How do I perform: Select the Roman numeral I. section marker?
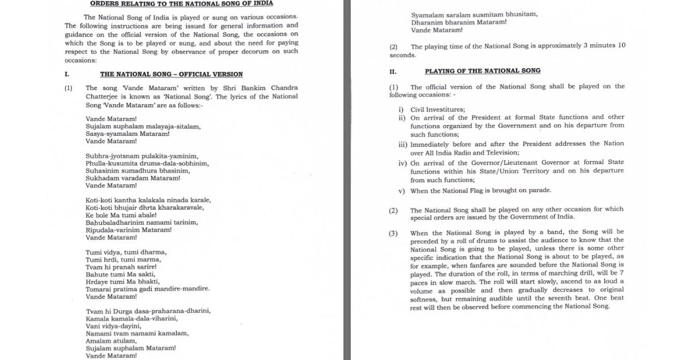coord(67,74)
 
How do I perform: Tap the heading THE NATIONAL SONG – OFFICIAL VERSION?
coord(171,74)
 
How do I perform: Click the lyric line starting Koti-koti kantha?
coord(148,200)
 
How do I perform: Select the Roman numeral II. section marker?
coord(393,71)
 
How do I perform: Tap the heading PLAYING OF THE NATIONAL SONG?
coord(483,71)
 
